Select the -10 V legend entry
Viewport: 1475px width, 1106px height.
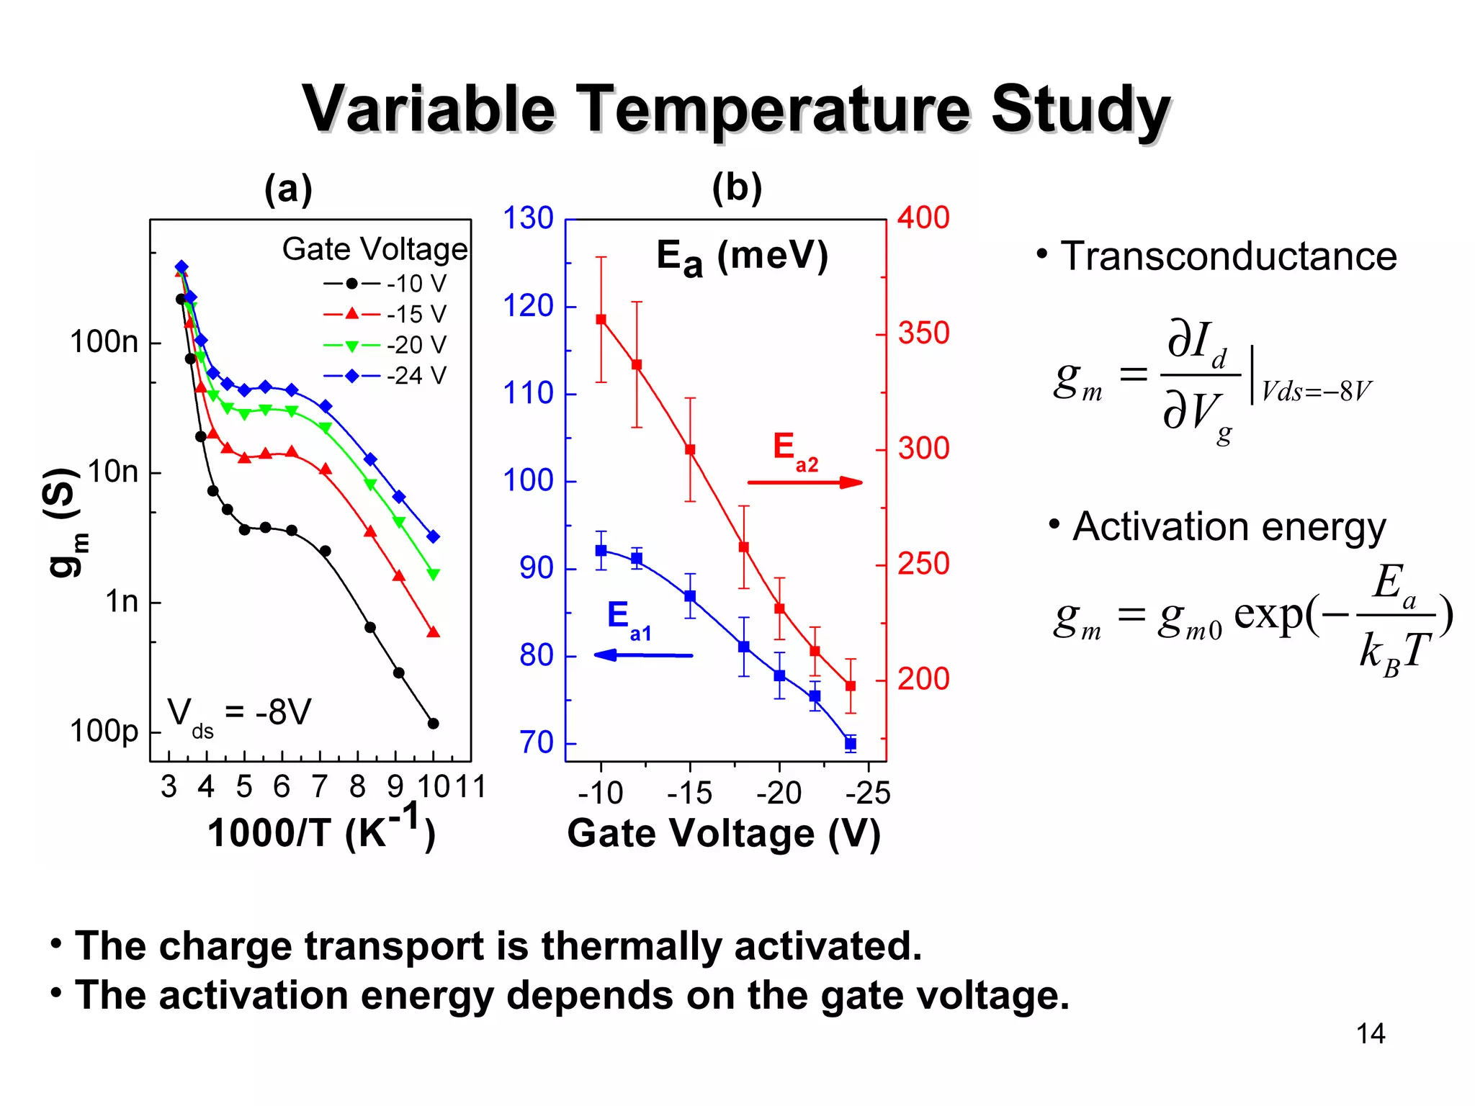(385, 284)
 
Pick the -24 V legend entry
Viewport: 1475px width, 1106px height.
(385, 376)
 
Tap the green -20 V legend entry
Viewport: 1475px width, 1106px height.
(385, 345)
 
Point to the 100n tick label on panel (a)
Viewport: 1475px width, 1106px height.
(104, 342)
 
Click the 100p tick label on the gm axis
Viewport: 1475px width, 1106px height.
(104, 732)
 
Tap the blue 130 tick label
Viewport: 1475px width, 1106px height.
(528, 218)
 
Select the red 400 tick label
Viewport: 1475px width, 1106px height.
(923, 217)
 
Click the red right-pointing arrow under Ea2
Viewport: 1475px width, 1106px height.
(804, 482)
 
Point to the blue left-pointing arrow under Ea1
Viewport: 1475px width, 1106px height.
(643, 655)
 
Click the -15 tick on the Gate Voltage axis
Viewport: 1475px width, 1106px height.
(689, 793)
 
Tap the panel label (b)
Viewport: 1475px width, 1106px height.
(736, 189)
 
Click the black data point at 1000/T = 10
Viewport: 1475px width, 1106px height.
(434, 724)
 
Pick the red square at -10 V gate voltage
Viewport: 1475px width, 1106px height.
(601, 320)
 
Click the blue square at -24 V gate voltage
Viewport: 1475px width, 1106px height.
(851, 743)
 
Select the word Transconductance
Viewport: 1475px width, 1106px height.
(1228, 256)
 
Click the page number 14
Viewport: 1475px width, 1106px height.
(1370, 1034)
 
